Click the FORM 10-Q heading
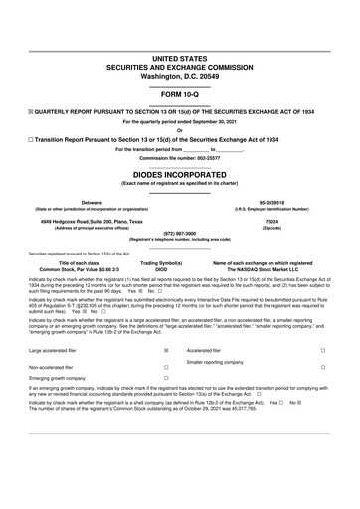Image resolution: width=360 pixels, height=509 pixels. coord(180,95)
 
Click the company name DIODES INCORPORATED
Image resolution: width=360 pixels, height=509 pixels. coord(180,171)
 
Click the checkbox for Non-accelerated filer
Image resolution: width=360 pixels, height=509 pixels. coord(165,367)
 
